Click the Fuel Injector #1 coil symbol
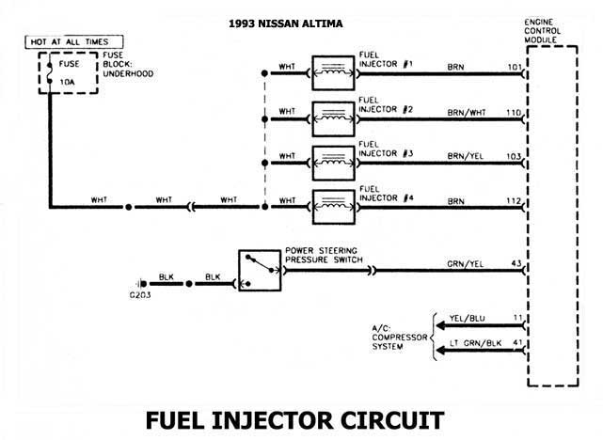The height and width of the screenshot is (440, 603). click(x=330, y=71)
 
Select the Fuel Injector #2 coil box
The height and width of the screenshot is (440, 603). click(x=330, y=116)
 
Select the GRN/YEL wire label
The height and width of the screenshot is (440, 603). click(x=467, y=263)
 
